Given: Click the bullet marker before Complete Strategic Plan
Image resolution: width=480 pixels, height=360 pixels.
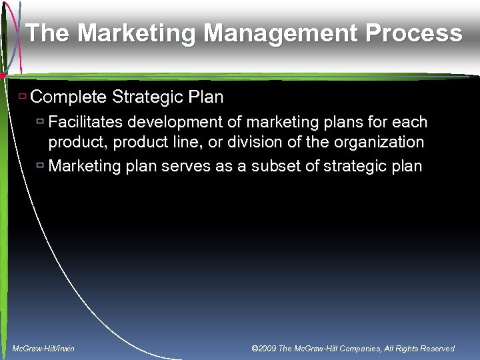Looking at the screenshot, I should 23,97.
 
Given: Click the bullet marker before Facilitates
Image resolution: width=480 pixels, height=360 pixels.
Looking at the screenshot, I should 41,122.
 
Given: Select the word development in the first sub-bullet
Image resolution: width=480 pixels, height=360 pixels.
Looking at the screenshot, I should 172,123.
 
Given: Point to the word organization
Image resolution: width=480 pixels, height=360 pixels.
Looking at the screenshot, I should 380,142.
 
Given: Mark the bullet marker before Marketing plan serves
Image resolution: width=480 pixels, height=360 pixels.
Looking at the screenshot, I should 41,165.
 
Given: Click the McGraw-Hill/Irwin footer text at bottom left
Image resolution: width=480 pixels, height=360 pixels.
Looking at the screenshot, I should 44,349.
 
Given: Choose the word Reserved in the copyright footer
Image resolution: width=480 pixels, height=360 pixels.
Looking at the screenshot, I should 435,349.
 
